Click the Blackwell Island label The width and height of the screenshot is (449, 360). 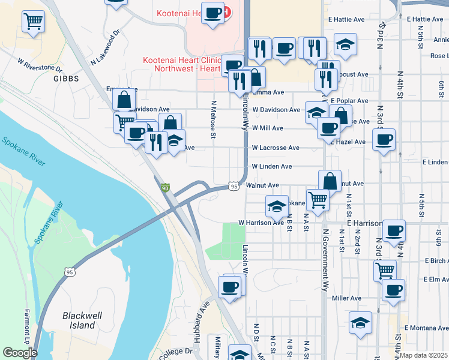(x=79, y=320)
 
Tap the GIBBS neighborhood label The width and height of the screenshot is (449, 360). (x=66, y=79)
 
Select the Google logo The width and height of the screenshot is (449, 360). (x=19, y=353)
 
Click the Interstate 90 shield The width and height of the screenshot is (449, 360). (x=164, y=188)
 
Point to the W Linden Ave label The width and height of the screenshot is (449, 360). (x=271, y=166)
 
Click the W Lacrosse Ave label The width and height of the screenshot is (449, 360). (x=276, y=148)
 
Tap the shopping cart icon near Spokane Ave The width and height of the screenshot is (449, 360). (x=318, y=199)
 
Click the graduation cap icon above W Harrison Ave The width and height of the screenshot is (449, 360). (x=276, y=206)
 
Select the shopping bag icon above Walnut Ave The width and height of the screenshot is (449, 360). (x=330, y=181)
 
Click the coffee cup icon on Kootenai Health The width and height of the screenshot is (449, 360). (x=211, y=14)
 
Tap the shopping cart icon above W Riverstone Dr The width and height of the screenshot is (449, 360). (x=33, y=21)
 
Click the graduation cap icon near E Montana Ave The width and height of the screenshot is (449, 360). (x=360, y=322)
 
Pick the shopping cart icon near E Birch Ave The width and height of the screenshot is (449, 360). (x=385, y=269)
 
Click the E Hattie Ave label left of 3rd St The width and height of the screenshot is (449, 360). (x=346, y=20)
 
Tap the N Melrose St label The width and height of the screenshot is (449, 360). (x=213, y=119)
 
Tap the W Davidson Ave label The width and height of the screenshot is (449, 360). (x=276, y=110)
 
